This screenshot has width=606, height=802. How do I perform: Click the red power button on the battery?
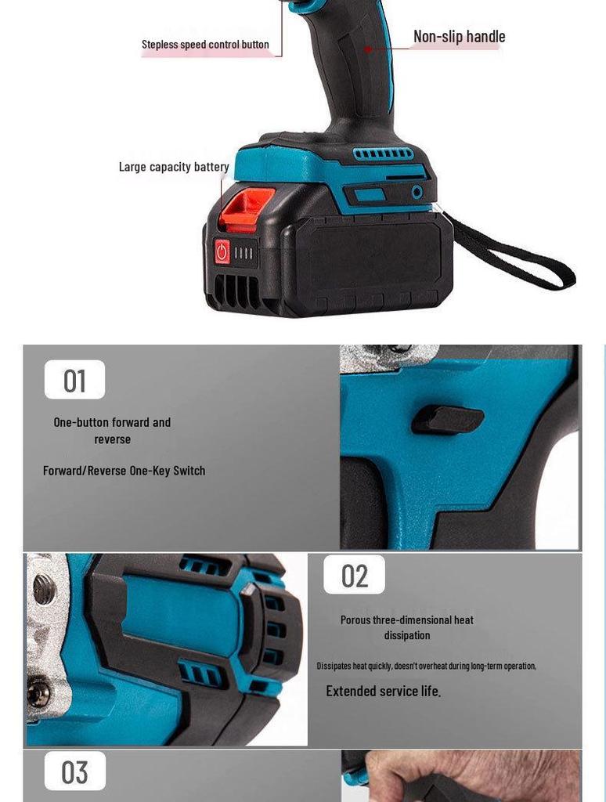coord(222,252)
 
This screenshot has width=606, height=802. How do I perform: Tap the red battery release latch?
coord(248,207)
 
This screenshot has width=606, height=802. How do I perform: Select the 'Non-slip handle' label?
coord(459,37)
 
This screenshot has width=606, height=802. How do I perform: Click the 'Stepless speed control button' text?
coord(205,45)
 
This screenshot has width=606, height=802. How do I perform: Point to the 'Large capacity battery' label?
coord(174,167)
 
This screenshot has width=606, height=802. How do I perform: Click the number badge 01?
coord(74,381)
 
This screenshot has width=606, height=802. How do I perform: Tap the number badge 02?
coord(354,576)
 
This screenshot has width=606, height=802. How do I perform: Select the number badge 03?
coord(74,772)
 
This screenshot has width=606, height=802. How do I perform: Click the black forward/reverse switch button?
coord(448,420)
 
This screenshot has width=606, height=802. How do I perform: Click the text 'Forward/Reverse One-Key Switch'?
coord(124,471)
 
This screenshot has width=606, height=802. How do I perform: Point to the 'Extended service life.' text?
coord(383,691)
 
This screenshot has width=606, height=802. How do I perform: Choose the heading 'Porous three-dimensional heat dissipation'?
coord(406,627)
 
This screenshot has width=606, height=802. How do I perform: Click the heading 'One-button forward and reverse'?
coord(112,431)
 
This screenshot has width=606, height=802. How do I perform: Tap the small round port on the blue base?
coord(417,192)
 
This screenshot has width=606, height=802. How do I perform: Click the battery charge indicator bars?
coord(245,253)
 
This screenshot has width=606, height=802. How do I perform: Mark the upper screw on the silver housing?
coord(44,589)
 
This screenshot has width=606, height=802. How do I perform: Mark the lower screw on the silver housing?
coord(38,692)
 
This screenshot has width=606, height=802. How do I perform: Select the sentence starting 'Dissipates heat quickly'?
coord(426,666)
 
